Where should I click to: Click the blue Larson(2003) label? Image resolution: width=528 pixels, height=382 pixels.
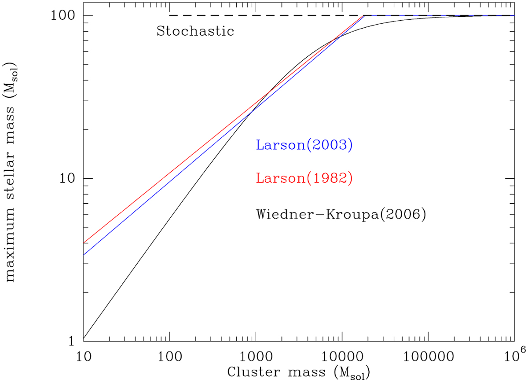304,145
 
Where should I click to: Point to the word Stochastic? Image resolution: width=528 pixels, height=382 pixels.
195,32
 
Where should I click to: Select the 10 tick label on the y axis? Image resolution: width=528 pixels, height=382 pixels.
70,178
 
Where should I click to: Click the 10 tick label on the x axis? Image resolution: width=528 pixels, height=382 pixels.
84,354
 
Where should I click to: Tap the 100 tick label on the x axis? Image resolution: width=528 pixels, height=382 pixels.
169,354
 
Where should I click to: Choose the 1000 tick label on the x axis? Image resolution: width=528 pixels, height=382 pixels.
256,354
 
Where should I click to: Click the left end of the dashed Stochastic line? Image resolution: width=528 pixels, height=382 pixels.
170,15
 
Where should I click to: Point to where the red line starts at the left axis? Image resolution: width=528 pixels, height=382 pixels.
84,243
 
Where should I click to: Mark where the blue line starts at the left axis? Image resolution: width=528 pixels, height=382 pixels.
84,255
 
